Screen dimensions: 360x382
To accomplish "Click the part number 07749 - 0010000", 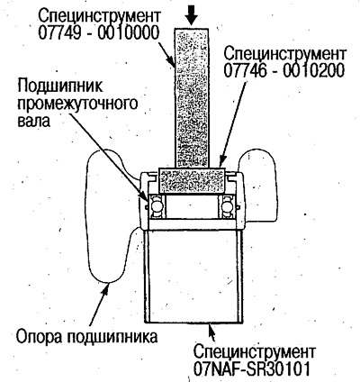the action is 98,33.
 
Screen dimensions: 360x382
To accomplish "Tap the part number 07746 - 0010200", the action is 283,71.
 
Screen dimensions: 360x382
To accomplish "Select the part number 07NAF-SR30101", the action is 251,369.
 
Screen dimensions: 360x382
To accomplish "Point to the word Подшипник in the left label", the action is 60,87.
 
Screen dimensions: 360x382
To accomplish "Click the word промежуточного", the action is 77,104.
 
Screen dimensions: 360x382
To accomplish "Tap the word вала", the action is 34,121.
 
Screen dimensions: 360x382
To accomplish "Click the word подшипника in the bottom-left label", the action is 112,337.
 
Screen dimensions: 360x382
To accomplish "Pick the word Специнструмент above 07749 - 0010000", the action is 100,16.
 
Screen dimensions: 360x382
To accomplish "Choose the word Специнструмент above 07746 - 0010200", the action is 285,54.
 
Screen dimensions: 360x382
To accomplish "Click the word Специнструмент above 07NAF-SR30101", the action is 255,352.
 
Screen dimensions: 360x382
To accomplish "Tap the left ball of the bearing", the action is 156,206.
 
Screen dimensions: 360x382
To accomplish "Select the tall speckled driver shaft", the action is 192,98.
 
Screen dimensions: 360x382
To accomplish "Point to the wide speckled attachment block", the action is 192,180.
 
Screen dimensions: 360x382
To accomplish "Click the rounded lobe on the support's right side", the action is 258,186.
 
